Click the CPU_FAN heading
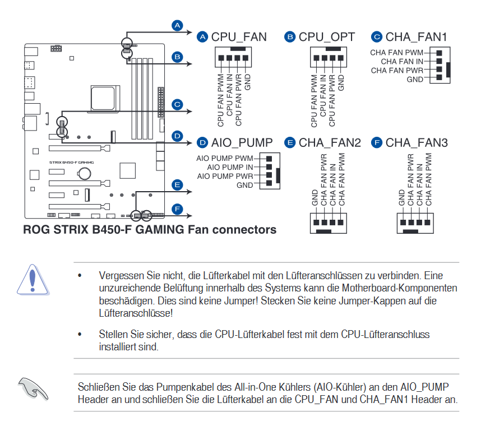(239, 37)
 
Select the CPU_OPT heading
(326, 37)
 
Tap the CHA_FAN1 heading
(416, 37)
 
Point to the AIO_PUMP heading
(242, 142)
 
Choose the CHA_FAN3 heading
(417, 143)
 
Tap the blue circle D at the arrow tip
(177, 136)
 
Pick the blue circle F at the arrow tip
(177, 210)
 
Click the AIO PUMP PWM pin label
(224, 158)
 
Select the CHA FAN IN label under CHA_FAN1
(402, 61)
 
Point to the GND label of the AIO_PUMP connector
(244, 185)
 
